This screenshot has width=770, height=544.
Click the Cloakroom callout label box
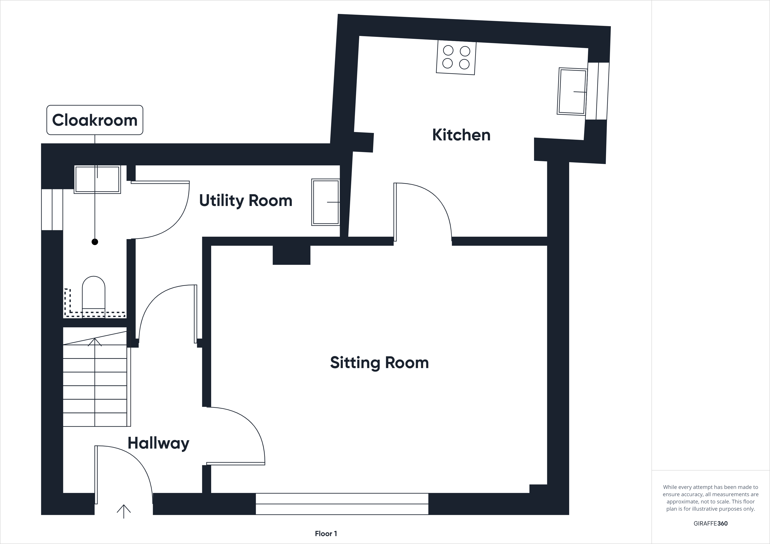[95, 120]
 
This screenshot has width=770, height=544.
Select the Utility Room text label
[245, 200]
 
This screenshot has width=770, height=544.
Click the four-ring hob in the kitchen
[456, 57]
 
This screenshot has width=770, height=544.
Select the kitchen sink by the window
[572, 91]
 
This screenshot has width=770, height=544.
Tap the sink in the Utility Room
[325, 202]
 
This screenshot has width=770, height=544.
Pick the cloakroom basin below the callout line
[97, 179]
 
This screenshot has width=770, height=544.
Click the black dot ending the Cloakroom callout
[95, 242]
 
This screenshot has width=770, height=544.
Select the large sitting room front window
[342, 504]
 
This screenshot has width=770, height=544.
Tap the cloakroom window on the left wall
[52, 209]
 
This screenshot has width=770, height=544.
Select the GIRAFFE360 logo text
[710, 523]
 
